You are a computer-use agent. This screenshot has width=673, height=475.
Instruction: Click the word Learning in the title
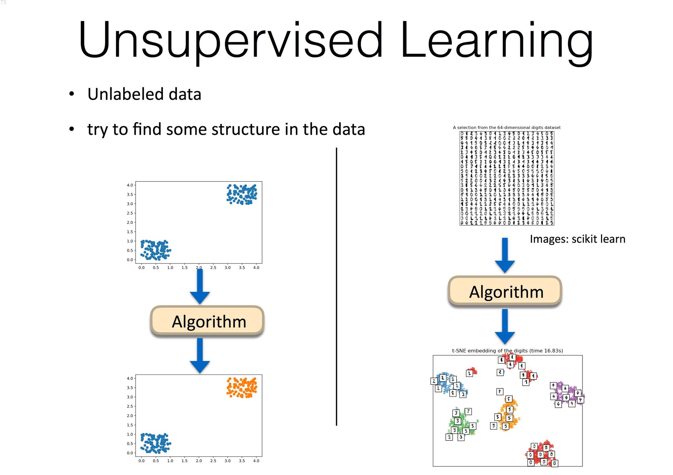click(496, 40)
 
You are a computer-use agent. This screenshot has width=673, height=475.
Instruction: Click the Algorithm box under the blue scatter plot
click(207, 321)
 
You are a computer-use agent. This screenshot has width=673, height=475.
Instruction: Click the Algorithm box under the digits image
click(505, 291)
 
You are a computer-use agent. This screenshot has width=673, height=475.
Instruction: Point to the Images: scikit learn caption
click(577, 239)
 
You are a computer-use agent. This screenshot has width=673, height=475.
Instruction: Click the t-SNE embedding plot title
click(507, 351)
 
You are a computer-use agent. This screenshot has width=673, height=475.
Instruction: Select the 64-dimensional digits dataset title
click(506, 127)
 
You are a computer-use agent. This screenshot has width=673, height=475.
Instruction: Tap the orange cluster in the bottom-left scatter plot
click(242, 388)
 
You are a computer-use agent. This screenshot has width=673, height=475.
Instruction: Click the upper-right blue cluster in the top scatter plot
click(242, 194)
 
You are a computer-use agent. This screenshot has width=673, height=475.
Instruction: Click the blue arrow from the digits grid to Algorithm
click(505, 255)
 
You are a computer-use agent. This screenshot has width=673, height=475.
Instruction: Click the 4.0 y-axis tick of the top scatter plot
click(130, 185)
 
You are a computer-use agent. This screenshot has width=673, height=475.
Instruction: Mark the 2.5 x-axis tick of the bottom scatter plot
click(213, 461)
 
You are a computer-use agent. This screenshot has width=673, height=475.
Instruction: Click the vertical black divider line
click(336, 286)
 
